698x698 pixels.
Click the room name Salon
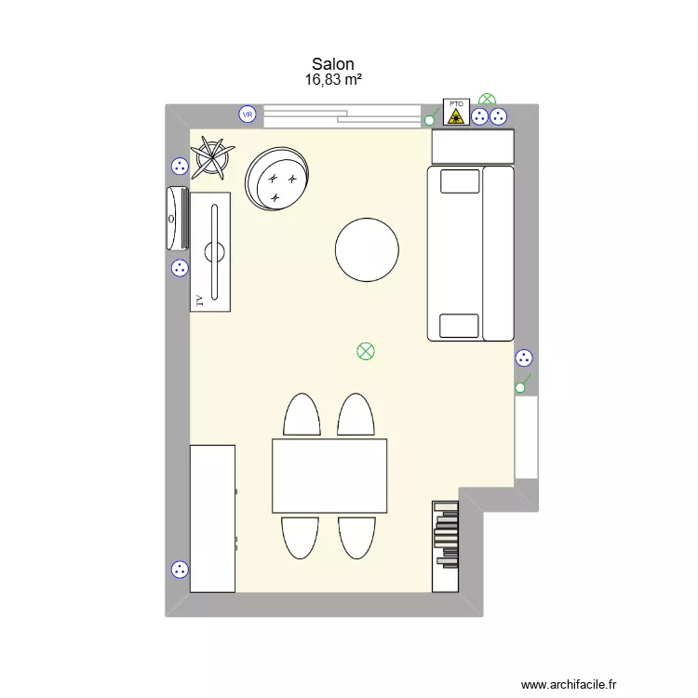pyautogui.click(x=333, y=63)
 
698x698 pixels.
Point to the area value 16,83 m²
pyautogui.click(x=333, y=80)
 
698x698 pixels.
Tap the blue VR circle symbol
pyautogui.click(x=248, y=114)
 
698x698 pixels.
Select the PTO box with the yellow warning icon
pyautogui.click(x=455, y=113)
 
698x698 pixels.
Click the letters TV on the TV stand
pyautogui.click(x=198, y=300)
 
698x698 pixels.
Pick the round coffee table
pyautogui.click(x=367, y=249)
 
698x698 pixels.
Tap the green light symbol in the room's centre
pyautogui.click(x=365, y=351)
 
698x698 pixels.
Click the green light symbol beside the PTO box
pyautogui.click(x=487, y=99)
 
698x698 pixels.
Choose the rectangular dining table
pyautogui.click(x=329, y=475)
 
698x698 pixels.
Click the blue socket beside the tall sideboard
pyautogui.click(x=180, y=570)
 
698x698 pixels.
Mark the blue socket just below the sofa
pyautogui.click(x=524, y=357)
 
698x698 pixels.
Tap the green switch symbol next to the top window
pyautogui.click(x=430, y=118)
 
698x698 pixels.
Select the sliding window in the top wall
pyautogui.click(x=342, y=115)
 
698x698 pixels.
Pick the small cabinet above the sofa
pyautogui.click(x=473, y=146)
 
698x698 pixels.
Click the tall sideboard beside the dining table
pyautogui.click(x=212, y=517)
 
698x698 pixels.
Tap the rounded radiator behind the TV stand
pyautogui.click(x=176, y=218)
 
